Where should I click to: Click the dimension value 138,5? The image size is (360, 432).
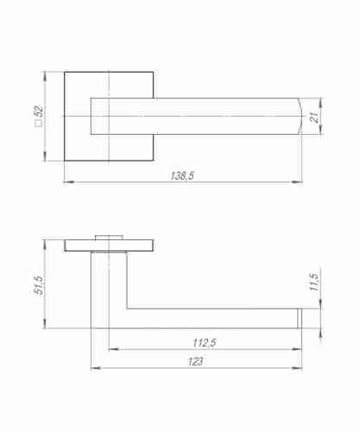coord(183,176)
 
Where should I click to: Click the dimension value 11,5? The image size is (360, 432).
coord(314,283)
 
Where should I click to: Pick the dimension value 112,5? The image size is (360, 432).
coord(205,343)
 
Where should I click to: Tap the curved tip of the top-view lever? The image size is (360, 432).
coord(299,116)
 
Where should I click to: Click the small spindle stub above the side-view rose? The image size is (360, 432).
coord(109,237)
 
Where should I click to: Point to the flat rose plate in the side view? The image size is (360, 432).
coord(109,245)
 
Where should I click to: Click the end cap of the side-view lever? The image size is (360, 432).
coord(301,318)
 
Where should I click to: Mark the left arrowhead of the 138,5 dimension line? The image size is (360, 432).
coord(67,182)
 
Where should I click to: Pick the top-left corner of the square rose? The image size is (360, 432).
coord(64,72)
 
